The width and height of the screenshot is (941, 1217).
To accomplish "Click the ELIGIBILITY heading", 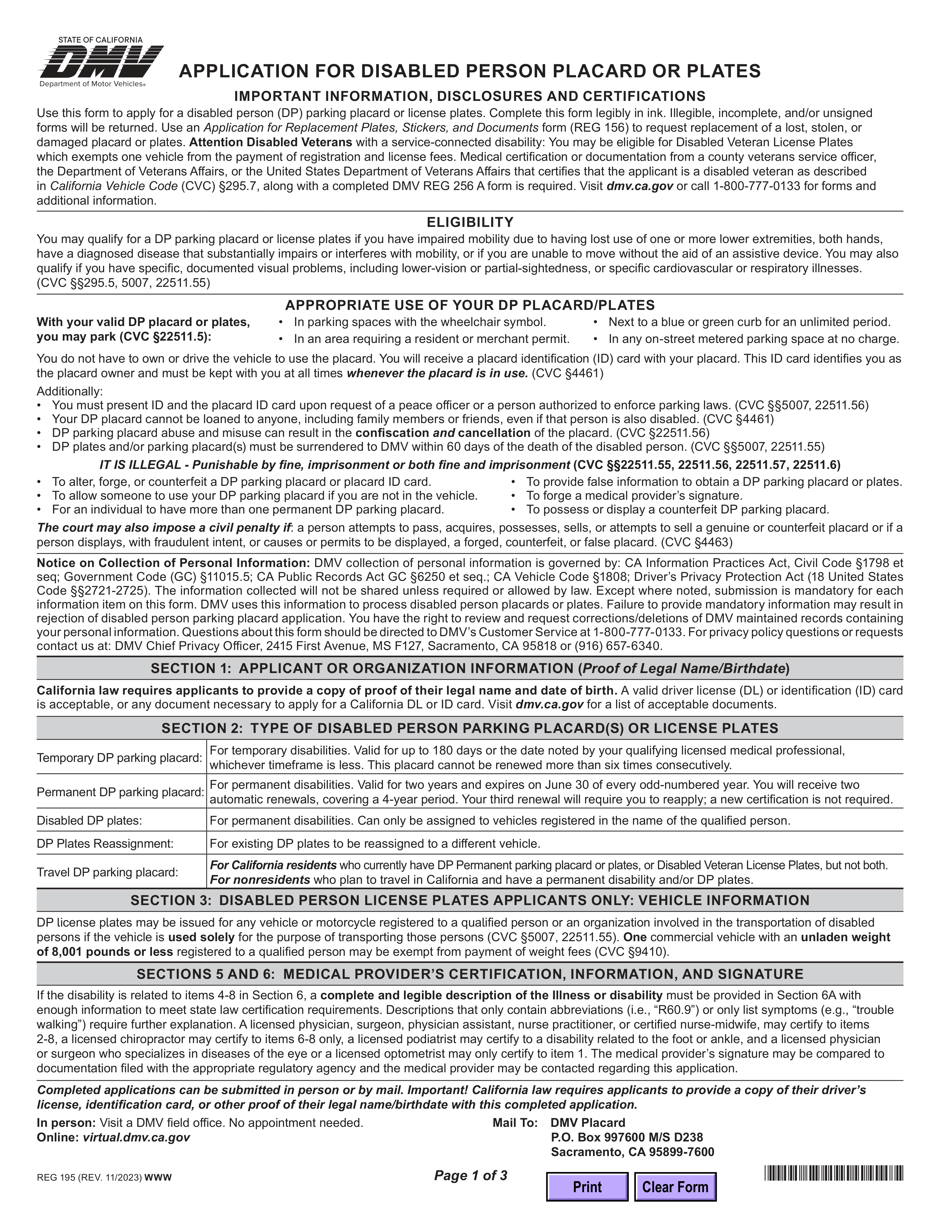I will pos(470,222).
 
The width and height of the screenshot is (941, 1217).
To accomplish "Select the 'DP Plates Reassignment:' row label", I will pos(105,844).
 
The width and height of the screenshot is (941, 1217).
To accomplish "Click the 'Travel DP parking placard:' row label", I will pos(108,872).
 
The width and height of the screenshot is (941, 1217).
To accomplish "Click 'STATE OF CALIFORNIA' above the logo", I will pos(100,40).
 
